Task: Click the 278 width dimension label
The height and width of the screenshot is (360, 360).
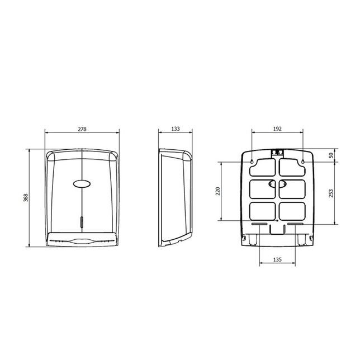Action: [82, 129]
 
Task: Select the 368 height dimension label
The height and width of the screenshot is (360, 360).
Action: [26, 198]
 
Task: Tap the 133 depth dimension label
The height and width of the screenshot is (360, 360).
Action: [176, 129]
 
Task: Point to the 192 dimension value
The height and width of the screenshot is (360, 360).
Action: [277, 129]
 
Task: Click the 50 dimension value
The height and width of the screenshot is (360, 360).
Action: [331, 155]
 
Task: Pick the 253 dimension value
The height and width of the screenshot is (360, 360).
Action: [331, 193]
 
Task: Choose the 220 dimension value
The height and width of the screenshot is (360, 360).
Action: [217, 191]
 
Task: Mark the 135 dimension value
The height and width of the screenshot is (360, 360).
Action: [277, 260]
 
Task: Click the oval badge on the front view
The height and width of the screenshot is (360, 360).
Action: [82, 183]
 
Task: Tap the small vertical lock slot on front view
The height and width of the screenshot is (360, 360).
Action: [82, 221]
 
